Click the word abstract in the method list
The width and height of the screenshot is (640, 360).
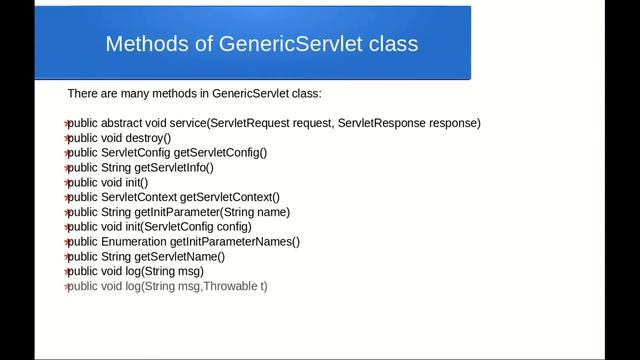pos(124,123)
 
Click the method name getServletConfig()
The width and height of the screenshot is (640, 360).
pos(221,153)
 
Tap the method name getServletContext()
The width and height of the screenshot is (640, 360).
pos(229,197)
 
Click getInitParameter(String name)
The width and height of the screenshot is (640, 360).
pos(230,212)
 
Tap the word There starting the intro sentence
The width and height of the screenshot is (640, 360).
pos(81,93)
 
